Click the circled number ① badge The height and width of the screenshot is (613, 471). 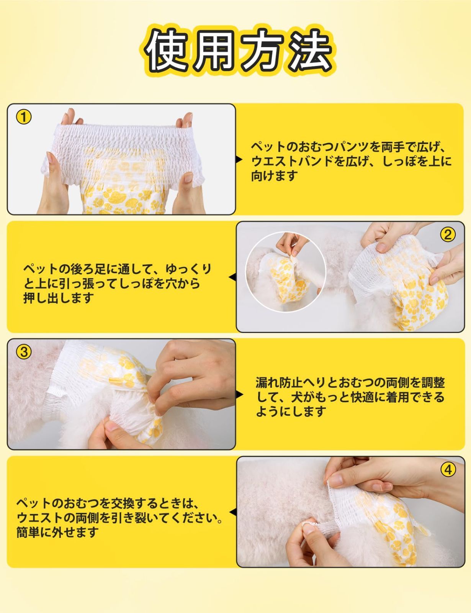coord(24,117)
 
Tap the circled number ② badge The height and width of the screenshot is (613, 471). coord(448,234)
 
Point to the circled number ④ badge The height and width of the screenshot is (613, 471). coord(448,470)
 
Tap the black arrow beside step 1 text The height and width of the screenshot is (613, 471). coord(239,160)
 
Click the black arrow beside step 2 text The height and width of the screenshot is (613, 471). coord(232,277)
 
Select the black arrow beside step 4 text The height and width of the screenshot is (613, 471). coord(233,512)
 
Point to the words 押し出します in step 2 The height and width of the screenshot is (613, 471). coord(58,298)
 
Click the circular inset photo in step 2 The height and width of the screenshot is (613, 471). coord(286,272)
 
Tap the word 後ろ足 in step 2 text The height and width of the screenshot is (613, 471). coord(88,269)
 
